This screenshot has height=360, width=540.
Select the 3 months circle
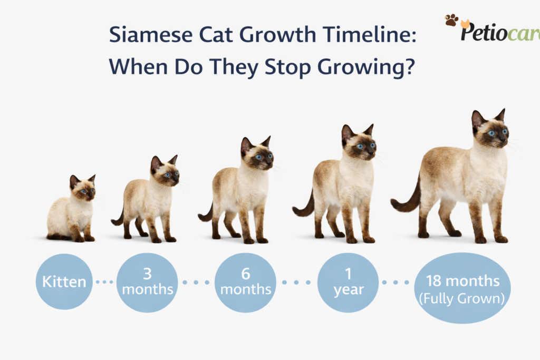(146, 282)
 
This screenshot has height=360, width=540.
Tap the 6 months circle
(245, 283)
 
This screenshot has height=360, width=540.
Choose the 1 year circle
(348, 283)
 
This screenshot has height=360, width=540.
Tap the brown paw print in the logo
(451, 20)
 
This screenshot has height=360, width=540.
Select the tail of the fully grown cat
(407, 200)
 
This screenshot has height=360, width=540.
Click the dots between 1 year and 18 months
(396, 283)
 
